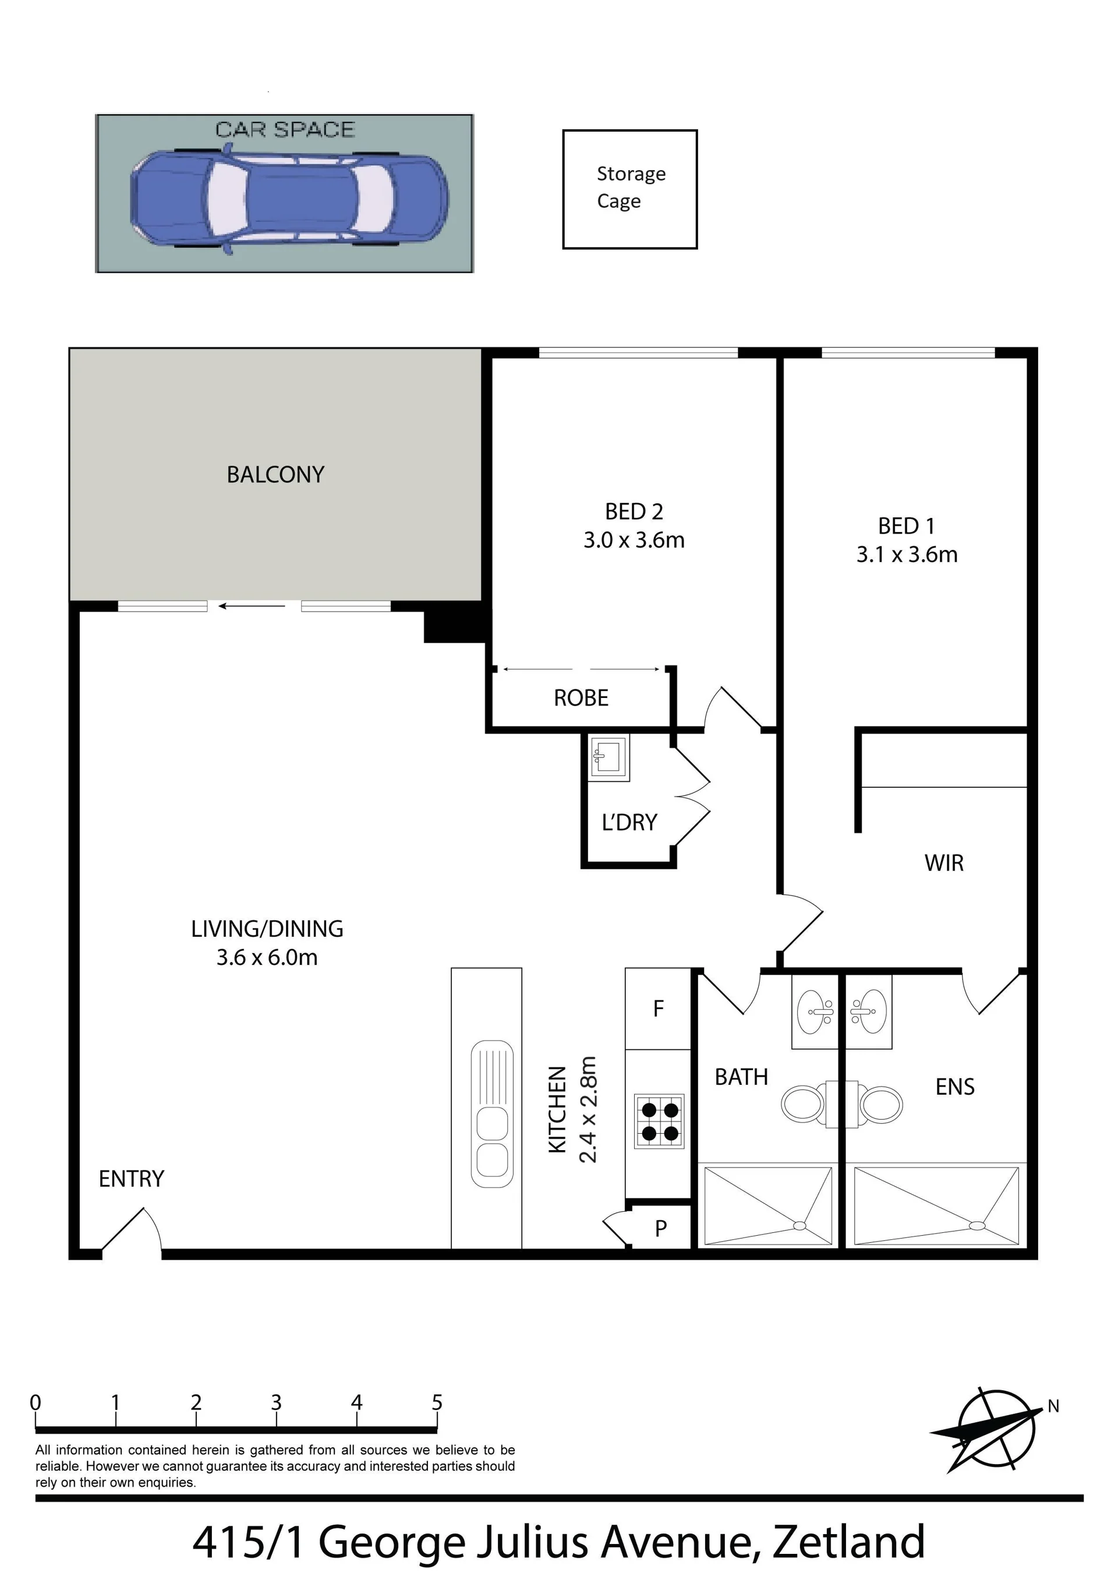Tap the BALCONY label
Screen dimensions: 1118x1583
click(x=275, y=474)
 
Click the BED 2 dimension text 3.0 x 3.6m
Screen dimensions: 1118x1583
click(x=634, y=540)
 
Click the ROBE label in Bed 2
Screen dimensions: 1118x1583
click(x=581, y=698)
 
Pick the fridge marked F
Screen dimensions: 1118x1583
click(x=658, y=1009)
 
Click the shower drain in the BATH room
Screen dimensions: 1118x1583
click(x=799, y=1225)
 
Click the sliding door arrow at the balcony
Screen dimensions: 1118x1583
click(x=252, y=607)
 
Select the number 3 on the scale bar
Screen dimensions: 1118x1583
click(x=277, y=1402)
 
